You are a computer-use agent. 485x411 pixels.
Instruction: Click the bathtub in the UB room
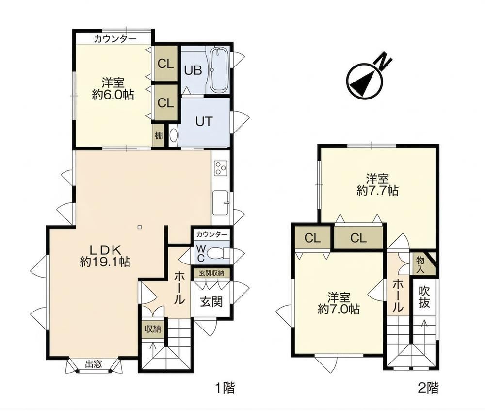[219, 70]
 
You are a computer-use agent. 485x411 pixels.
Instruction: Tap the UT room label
[204, 121]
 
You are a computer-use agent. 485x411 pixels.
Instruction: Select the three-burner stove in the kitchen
[221, 168]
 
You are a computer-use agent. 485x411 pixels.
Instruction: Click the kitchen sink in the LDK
[221, 203]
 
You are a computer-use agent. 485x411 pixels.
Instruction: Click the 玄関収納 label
[211, 273]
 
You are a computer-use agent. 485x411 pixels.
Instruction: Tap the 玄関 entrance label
[211, 301]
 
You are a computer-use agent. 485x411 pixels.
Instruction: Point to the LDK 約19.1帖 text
[105, 256]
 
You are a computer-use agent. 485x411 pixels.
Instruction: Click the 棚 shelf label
[159, 135]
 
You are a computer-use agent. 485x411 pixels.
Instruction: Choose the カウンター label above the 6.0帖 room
[115, 39]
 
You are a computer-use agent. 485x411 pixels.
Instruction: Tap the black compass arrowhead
[362, 81]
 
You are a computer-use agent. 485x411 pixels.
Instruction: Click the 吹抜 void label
[424, 297]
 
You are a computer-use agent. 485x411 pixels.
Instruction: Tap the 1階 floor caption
[225, 388]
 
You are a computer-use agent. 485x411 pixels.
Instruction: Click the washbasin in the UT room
[174, 135]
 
